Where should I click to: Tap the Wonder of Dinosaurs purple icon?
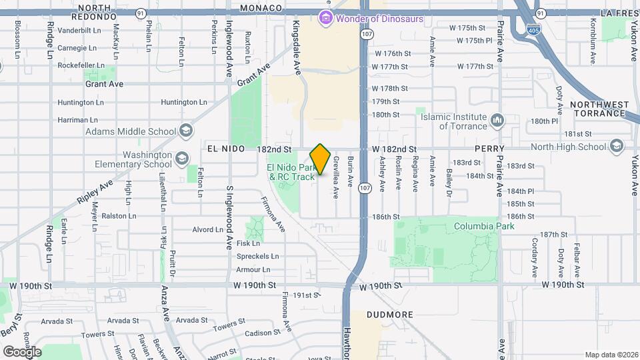coord(325,19)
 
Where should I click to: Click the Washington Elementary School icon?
coord(182,160)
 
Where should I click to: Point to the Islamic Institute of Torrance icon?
coord(497,121)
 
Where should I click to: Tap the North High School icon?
coord(617,147)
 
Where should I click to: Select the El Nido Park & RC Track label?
coord(291,172)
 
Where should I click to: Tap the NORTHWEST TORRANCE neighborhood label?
coord(599,109)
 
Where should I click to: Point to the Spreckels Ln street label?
coord(257,256)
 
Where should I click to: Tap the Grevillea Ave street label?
coord(336,177)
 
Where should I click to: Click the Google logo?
coord(22,351)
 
